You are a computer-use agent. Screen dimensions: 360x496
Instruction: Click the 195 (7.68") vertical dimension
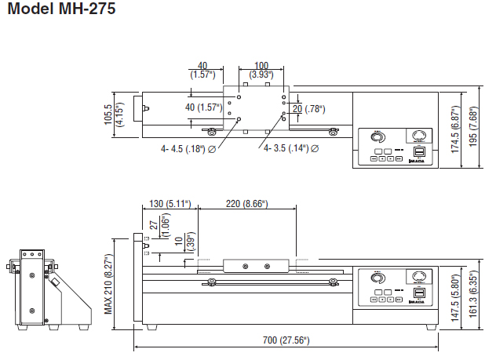click(x=473, y=130)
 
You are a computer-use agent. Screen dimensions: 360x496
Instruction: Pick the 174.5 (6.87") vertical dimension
click(x=454, y=130)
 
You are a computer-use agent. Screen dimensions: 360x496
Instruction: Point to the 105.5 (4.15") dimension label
click(x=113, y=117)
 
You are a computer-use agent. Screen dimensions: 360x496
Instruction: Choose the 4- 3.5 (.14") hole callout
click(x=291, y=147)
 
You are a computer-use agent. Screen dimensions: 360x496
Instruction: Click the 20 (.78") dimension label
click(x=309, y=108)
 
